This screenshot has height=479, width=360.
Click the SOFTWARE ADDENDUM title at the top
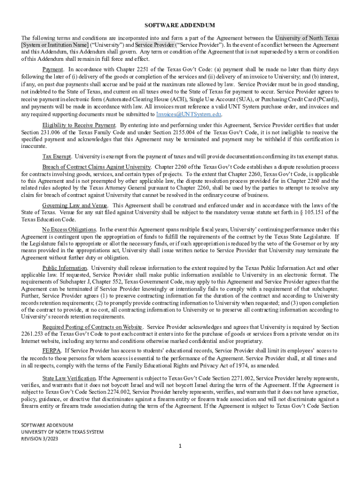point(180,25)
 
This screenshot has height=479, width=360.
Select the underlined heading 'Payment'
point(52,69)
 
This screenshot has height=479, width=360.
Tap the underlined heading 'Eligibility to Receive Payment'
point(79,125)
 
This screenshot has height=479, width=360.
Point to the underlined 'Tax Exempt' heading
point(57,156)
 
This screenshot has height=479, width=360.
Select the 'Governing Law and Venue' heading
point(75,205)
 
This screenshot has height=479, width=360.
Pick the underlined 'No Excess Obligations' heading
point(69,229)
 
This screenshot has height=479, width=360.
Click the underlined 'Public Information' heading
point(65,268)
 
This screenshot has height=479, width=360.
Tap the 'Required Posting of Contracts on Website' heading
point(92,327)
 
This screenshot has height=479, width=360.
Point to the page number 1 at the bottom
point(180,446)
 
